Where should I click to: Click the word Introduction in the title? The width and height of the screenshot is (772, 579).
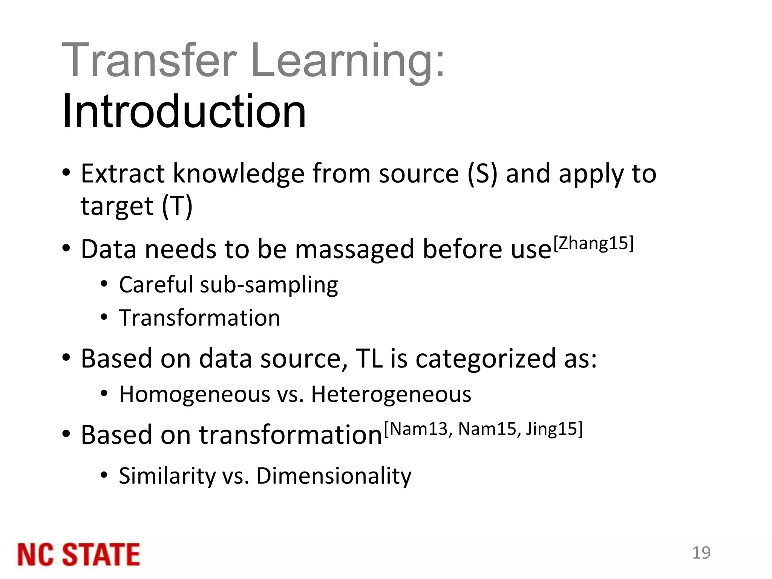click(x=184, y=112)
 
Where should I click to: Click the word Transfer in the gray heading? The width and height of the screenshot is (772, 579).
click(x=149, y=60)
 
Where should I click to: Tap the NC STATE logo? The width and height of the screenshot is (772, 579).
click(x=78, y=554)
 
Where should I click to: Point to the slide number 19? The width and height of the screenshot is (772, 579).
click(x=701, y=553)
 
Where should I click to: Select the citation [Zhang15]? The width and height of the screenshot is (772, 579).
click(x=593, y=244)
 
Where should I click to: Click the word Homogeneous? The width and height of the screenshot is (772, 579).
click(x=195, y=394)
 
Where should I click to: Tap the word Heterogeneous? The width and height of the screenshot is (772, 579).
click(x=391, y=394)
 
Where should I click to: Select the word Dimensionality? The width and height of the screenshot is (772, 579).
click(x=334, y=476)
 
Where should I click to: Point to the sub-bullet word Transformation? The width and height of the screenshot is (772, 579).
click(x=199, y=318)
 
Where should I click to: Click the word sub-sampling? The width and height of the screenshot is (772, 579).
click(x=269, y=285)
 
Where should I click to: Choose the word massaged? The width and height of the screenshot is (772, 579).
click(x=354, y=250)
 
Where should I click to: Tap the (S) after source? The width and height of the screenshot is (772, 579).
click(x=482, y=174)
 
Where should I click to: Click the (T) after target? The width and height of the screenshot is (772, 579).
click(x=177, y=206)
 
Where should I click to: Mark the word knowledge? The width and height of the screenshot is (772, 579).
click(x=238, y=174)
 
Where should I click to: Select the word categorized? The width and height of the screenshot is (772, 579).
click(x=486, y=358)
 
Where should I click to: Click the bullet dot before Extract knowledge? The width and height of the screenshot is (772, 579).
click(x=66, y=173)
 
